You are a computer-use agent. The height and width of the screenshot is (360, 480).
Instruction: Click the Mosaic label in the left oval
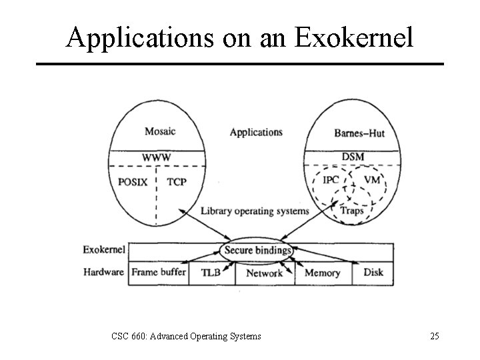161,131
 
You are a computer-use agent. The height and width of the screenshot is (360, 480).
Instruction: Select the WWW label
157,157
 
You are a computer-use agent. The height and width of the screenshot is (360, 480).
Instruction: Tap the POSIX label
133,181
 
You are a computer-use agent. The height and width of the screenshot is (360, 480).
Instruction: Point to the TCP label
176,181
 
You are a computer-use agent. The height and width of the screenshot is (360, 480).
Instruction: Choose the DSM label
352,157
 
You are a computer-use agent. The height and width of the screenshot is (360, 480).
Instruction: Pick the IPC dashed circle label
331,180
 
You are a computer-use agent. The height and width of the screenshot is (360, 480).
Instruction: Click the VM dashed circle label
372,180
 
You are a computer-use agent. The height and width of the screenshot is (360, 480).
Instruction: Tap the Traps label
352,210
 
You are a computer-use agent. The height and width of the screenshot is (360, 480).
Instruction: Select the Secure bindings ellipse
258,250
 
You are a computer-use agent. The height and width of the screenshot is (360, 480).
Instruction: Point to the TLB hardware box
211,273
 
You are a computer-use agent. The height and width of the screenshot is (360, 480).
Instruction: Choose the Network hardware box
265,273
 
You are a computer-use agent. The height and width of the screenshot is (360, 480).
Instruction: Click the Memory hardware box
322,273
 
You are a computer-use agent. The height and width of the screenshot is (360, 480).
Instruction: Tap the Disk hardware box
373,273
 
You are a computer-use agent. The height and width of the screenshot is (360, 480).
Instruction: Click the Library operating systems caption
255,211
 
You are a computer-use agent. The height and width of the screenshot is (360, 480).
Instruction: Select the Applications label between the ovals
256,132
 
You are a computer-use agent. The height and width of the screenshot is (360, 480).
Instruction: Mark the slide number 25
434,336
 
